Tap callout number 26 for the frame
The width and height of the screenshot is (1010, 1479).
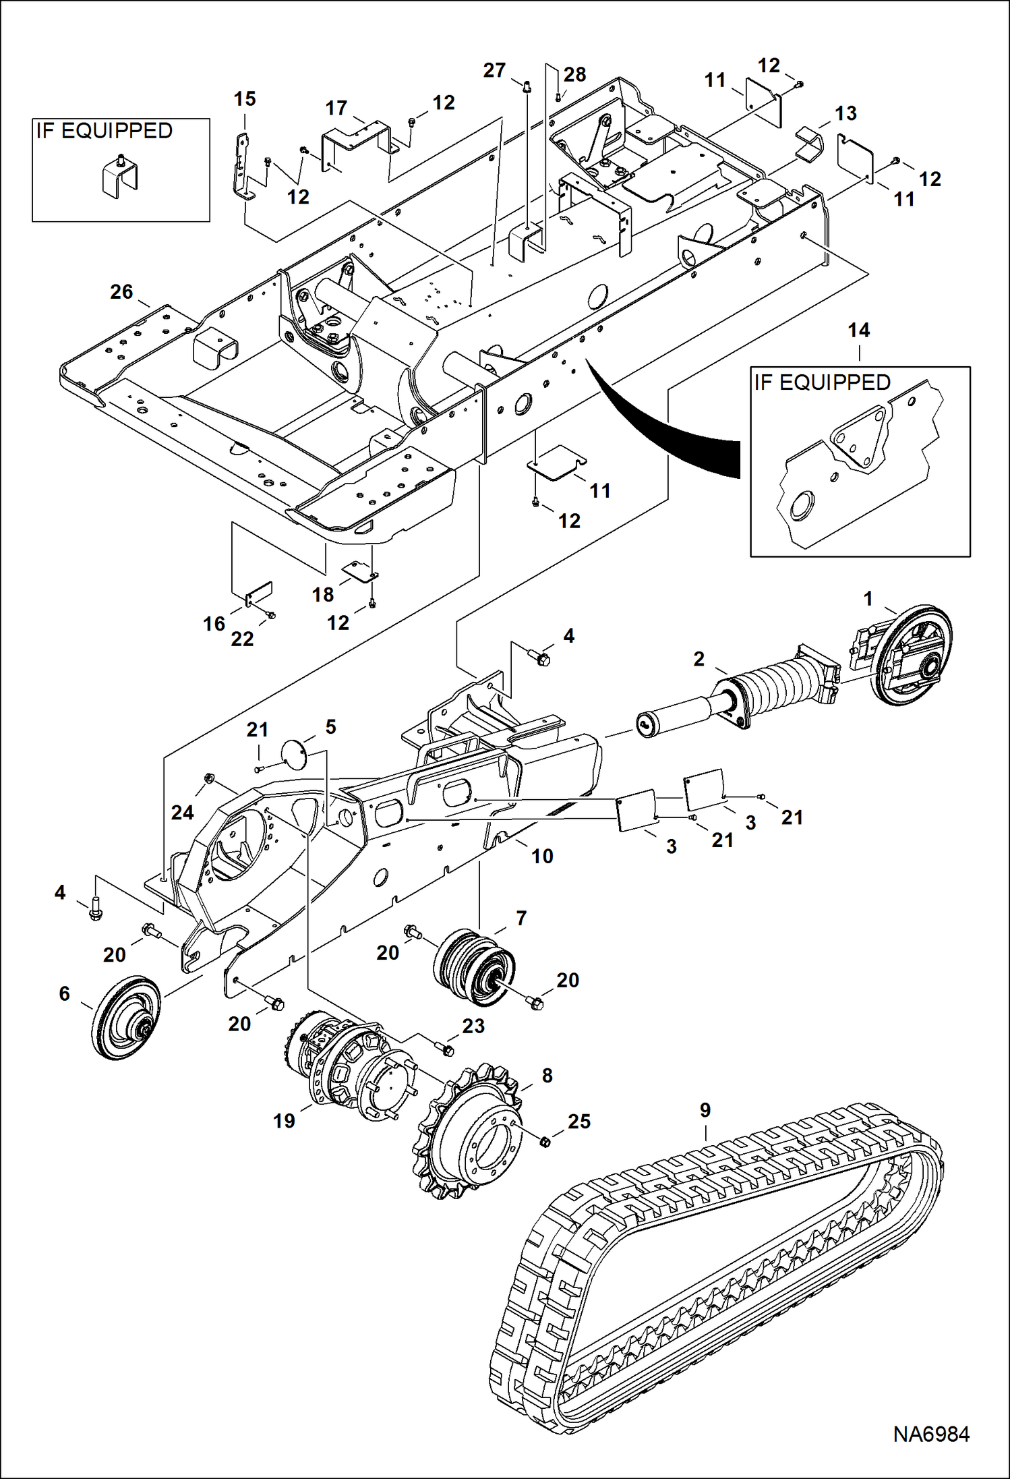[x=121, y=292]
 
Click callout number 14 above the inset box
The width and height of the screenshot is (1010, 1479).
[x=858, y=330]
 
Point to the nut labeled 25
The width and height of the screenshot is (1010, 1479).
[x=545, y=1141]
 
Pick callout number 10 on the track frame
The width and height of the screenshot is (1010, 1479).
[x=542, y=856]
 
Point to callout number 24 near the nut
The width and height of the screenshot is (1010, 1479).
[x=182, y=812]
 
